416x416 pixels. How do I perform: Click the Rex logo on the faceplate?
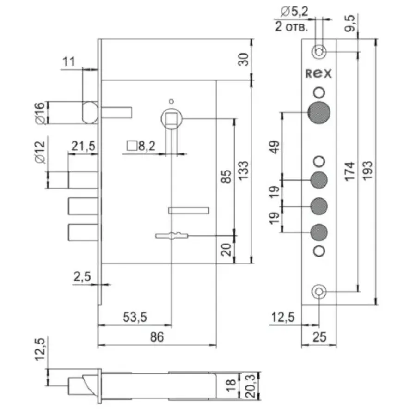(318, 73)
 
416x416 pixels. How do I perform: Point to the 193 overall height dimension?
(368, 171)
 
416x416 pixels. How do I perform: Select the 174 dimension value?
(350, 171)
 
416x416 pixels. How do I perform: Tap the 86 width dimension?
(157, 337)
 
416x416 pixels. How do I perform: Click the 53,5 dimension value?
(135, 317)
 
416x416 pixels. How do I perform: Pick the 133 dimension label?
(243, 171)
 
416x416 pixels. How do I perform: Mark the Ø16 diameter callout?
(40, 113)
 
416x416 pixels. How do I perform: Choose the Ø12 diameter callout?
(40, 152)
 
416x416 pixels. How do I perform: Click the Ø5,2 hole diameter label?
(294, 12)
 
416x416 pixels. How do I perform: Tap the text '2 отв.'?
(292, 27)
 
